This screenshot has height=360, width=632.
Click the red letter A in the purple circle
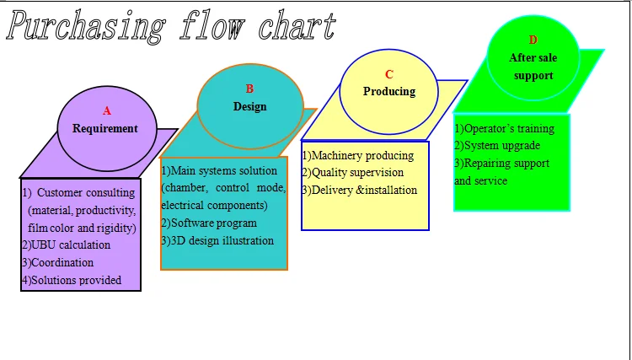(107, 110)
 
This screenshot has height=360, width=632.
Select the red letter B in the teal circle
(249, 89)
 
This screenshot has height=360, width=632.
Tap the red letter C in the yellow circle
(389, 74)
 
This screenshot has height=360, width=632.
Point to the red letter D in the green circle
(533, 40)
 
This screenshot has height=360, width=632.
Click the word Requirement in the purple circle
(105, 129)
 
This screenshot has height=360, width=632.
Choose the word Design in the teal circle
(250, 107)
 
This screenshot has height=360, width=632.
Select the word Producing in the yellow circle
(389, 92)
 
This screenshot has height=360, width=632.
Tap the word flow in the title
(212, 26)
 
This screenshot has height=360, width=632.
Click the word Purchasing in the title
(86, 27)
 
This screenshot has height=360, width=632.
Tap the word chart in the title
(297, 26)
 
